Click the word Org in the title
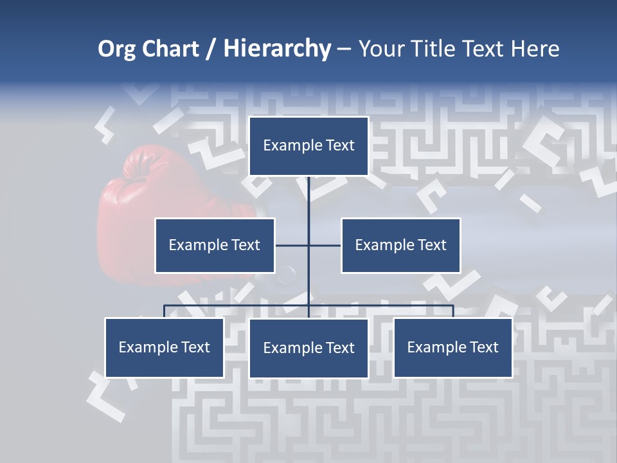tap(116, 50)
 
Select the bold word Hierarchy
tap(277, 50)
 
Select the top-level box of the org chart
tap(308, 146)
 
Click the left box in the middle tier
tap(215, 245)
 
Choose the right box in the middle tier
tap(400, 245)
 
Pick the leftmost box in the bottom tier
tap(165, 347)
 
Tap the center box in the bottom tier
tap(308, 348)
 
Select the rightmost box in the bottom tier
tap(452, 347)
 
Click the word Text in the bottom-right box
tap(483, 347)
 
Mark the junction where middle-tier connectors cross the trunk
tap(308, 245)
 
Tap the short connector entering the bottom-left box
tap(165, 311)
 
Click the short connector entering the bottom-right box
tap(452, 311)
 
